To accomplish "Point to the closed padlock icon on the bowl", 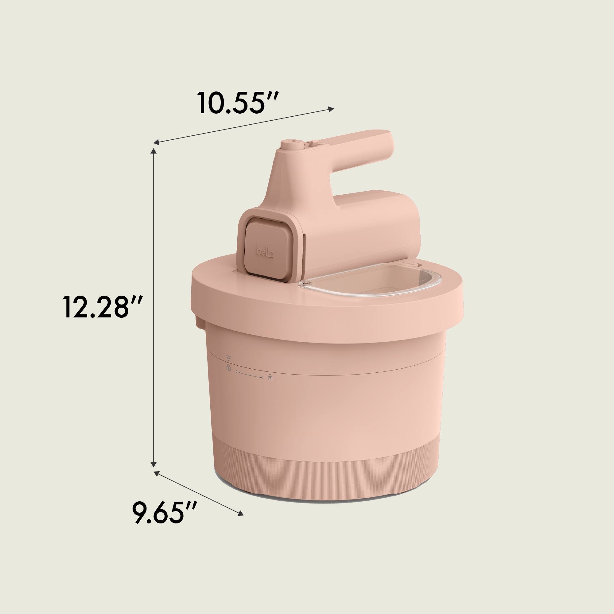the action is coord(228,368).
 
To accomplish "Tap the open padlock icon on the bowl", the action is coord(270,377).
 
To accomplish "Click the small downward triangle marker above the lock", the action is coord(227,357).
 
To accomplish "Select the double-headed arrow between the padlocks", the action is coord(249,374).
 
